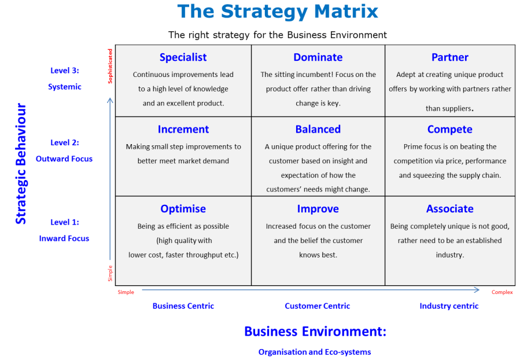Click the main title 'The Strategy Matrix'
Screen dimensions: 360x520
pos(278,12)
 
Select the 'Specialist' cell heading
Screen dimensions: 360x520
pos(183,57)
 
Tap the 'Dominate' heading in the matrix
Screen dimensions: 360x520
pos(318,57)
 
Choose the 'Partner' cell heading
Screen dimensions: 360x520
pos(449,57)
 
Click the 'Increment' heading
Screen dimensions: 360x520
pos(183,129)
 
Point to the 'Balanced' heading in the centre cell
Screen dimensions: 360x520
pos(318,129)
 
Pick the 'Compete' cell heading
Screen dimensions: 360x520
pos(449,129)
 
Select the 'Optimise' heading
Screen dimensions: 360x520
pos(183,209)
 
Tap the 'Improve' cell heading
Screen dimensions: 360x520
pos(318,209)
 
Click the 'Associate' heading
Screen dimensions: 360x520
pos(449,209)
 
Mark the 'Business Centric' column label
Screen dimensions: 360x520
pos(183,306)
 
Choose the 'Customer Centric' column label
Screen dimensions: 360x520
pos(317,306)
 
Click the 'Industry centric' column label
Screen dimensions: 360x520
pos(449,306)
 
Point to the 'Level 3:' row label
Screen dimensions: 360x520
pos(65,71)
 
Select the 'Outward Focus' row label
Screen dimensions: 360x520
pos(64,159)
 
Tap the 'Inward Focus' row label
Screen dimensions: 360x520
pos(64,238)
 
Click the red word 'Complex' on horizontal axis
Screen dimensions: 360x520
pos(502,292)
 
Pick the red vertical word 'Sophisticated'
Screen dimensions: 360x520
pos(110,66)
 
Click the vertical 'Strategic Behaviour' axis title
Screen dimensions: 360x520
pos(21,164)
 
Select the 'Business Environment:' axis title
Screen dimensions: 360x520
pos(315,332)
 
